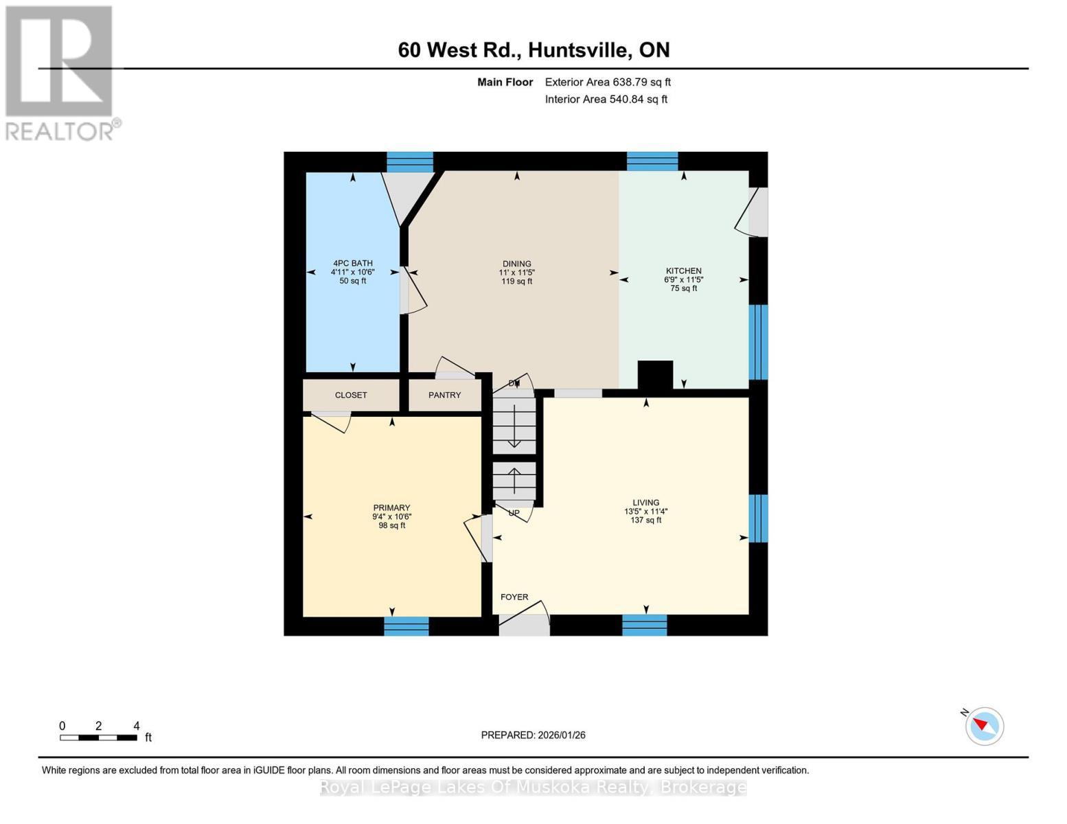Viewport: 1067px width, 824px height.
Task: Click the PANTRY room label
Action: pyautogui.click(x=444, y=395)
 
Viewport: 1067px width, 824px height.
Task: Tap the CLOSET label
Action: pyautogui.click(x=351, y=395)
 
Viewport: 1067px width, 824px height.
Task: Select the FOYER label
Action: pyautogui.click(x=514, y=597)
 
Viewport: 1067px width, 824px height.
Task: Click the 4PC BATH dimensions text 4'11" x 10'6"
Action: pyautogui.click(x=353, y=272)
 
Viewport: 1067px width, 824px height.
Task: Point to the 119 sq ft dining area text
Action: pyautogui.click(x=516, y=282)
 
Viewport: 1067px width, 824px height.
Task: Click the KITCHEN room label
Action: pyautogui.click(x=683, y=271)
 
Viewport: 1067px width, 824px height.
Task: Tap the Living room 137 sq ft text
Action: pyautogui.click(x=645, y=520)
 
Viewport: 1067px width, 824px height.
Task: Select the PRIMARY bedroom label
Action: pyautogui.click(x=391, y=507)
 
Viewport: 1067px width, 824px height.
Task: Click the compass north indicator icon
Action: pyautogui.click(x=984, y=726)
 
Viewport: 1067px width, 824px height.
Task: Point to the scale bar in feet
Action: pyautogui.click(x=98, y=737)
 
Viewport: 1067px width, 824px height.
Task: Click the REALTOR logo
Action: pyautogui.click(x=60, y=72)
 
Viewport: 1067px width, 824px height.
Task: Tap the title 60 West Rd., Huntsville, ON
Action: pyautogui.click(x=533, y=50)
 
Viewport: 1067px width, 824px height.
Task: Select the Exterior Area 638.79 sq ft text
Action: pyautogui.click(x=608, y=82)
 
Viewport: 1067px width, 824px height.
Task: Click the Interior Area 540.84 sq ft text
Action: pyautogui.click(x=606, y=99)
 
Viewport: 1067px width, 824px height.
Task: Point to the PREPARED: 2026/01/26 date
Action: pyautogui.click(x=533, y=735)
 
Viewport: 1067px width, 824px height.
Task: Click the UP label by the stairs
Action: pyautogui.click(x=514, y=513)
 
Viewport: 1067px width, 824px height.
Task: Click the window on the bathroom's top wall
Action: pyautogui.click(x=410, y=161)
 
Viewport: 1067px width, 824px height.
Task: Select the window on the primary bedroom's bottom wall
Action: pyautogui.click(x=406, y=626)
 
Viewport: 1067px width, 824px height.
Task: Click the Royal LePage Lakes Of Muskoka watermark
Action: pyautogui.click(x=533, y=787)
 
